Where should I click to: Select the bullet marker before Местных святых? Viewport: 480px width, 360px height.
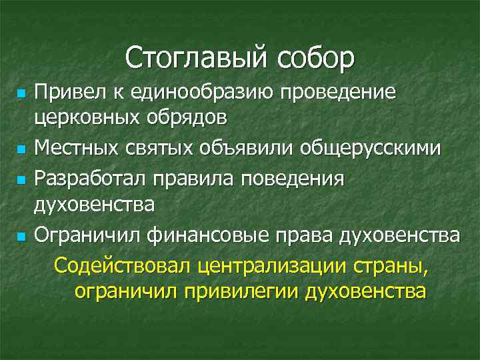[22, 148]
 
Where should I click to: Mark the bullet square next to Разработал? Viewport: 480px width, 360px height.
[22, 178]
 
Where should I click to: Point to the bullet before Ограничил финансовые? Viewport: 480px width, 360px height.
[22, 237]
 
